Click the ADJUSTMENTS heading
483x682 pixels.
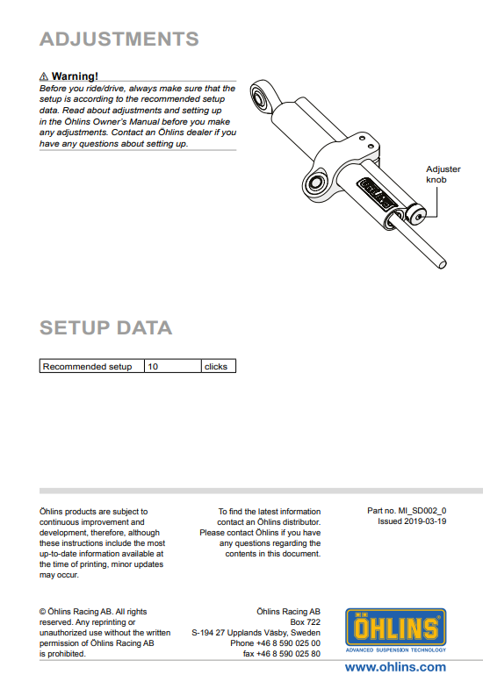click(119, 39)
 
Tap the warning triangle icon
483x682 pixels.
click(44, 76)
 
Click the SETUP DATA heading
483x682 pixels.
click(105, 328)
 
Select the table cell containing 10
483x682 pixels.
click(173, 366)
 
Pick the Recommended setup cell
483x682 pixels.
click(92, 366)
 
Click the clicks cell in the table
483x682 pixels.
click(219, 366)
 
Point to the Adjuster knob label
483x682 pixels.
click(443, 175)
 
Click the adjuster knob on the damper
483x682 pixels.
click(416, 215)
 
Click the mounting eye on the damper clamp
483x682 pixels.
click(316, 183)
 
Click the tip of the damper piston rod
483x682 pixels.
click(442, 264)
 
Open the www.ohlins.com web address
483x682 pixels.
click(395, 667)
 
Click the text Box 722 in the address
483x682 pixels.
click(305, 622)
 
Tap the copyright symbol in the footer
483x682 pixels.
click(43, 612)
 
